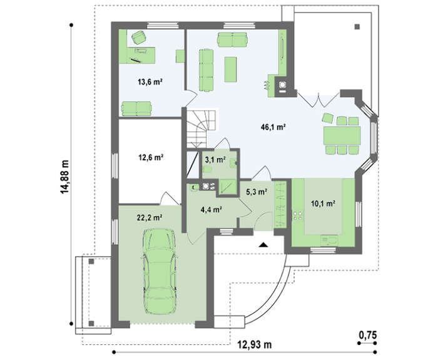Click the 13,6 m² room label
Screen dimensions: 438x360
tap(150, 82)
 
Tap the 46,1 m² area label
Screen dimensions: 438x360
tap(273, 127)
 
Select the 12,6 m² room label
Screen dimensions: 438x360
tap(151, 157)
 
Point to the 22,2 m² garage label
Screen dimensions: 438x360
tap(150, 217)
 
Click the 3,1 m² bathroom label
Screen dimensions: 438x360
tap(215, 160)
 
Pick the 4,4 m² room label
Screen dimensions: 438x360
tap(211, 209)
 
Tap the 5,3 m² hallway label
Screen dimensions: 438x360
tap(257, 192)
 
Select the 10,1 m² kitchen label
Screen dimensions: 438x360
tap(323, 203)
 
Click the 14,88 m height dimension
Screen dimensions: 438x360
tap(65, 177)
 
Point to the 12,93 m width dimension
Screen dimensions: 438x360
tap(255, 344)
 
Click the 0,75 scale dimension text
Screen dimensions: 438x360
tap(368, 335)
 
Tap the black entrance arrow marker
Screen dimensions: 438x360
tap(263, 245)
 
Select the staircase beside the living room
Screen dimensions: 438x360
tap(201, 128)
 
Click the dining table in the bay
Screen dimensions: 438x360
tap(342, 136)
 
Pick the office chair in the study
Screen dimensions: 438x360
tap(138, 37)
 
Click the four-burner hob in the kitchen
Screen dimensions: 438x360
tap(297, 215)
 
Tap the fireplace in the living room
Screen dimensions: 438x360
tap(282, 86)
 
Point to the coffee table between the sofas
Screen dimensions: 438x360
tap(231, 69)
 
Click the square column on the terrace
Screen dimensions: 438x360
tap(357, 27)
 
